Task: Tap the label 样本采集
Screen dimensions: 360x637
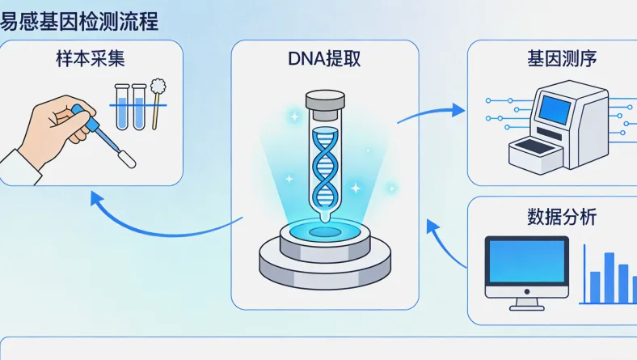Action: pyautogui.click(x=88, y=60)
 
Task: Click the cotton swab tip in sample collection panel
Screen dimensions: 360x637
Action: pyautogui.click(x=158, y=87)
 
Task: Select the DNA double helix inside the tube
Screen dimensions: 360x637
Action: pyautogui.click(x=324, y=166)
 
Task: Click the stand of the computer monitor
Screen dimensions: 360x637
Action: pyautogui.click(x=525, y=303)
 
